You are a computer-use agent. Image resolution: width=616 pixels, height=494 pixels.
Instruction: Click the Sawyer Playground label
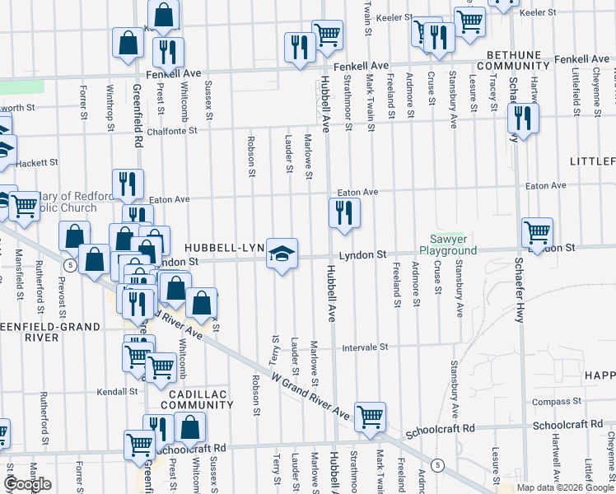coord(448,245)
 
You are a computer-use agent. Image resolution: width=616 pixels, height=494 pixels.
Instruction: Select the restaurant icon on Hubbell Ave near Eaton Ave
coord(344,212)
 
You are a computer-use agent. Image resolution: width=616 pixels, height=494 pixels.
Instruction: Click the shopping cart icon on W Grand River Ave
coord(370,417)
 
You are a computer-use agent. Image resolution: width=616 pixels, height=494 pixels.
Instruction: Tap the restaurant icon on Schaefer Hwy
coord(524,118)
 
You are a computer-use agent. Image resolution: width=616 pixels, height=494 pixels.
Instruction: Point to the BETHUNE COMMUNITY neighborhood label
coord(512,60)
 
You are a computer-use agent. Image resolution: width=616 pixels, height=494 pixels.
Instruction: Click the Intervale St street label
coord(365,347)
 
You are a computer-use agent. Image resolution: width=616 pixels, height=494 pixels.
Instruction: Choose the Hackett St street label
coord(36,163)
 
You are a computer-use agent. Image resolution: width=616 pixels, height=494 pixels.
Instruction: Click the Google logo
coord(27,484)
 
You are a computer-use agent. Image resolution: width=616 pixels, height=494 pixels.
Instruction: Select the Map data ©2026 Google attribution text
coord(565,487)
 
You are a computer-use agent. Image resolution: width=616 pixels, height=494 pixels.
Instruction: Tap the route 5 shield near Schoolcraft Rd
coord(438,466)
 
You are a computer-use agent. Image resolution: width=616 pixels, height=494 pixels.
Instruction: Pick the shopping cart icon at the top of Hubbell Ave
coord(327,34)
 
